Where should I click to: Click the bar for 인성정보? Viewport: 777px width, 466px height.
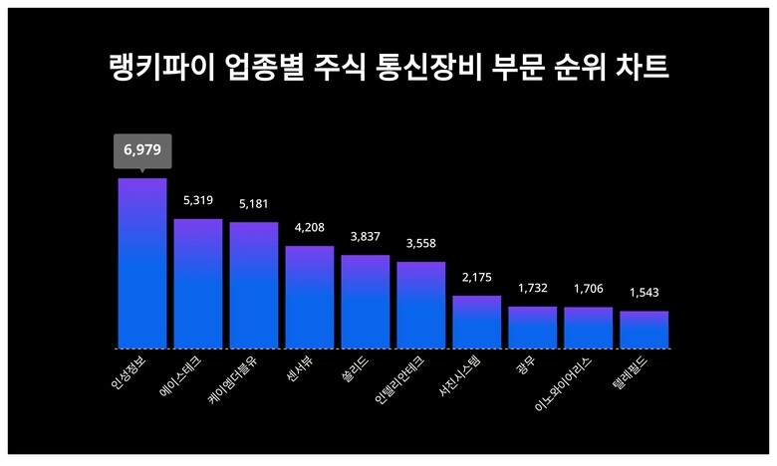pyautogui.click(x=141, y=264)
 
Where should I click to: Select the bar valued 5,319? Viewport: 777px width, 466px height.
pyautogui.click(x=197, y=284)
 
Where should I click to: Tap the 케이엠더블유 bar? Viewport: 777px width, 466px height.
pyautogui.click(x=253, y=286)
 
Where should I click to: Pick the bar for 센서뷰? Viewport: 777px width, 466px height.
pyautogui.click(x=309, y=298)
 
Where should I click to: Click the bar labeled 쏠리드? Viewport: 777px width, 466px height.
pyautogui.click(x=365, y=302)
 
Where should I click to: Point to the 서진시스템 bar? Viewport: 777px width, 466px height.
pyautogui.click(x=476, y=322)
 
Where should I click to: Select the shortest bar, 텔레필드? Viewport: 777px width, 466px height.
pyautogui.click(x=644, y=330)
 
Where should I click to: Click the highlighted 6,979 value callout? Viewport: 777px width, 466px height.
pyautogui.click(x=141, y=150)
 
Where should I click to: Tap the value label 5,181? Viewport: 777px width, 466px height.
pyautogui.click(x=254, y=204)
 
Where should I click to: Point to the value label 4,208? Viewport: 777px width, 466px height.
pyautogui.click(x=310, y=228)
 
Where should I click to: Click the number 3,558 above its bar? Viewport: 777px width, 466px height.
pyautogui.click(x=420, y=244)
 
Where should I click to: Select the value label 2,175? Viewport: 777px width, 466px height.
pyautogui.click(x=476, y=278)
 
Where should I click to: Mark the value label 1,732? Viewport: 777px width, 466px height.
pyautogui.click(x=532, y=289)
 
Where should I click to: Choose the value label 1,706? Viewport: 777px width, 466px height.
pyautogui.click(x=588, y=290)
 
